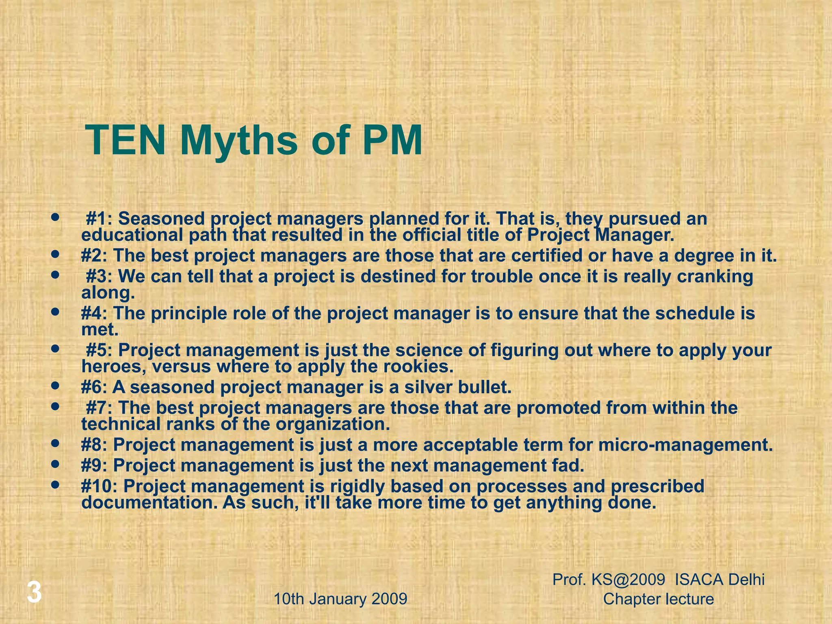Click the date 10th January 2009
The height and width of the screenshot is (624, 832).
tap(340, 599)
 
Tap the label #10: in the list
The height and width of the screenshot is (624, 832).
tap(100, 486)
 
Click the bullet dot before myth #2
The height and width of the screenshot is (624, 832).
tap(56, 255)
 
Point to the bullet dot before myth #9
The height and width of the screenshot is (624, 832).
tap(56, 464)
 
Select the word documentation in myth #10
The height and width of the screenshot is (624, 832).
tap(149, 503)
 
